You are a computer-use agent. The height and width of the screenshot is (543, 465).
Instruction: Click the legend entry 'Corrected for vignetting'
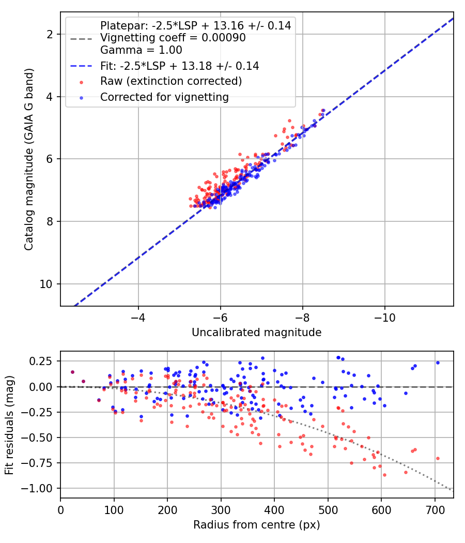pos(164,97)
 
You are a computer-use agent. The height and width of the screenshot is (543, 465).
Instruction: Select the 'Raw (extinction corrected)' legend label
pos(171,81)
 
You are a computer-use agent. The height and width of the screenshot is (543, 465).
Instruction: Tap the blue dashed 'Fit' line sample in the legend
pos(81,66)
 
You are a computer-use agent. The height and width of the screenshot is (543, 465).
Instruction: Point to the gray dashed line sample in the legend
pos(81,38)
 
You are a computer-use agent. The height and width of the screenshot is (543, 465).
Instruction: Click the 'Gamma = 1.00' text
pos(141,50)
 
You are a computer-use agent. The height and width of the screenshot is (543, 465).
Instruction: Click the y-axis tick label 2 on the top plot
pos(51,34)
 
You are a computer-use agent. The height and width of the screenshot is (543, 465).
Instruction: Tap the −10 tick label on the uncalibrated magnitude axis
pos(385,317)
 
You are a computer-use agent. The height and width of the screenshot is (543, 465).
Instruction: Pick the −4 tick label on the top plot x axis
pos(138,317)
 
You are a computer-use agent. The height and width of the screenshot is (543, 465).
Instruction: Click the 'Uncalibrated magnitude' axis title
pos(257,333)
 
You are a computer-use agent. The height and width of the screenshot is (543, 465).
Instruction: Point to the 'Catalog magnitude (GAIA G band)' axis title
pos(29,159)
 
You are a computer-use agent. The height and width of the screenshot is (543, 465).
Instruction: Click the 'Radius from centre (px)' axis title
pos(257,525)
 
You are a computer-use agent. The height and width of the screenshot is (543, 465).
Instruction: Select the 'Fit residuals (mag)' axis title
pos(9,425)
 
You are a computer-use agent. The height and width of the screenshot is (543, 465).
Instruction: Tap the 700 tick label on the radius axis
pos(435,510)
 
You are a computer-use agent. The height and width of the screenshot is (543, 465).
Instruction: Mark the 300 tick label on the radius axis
pos(221,510)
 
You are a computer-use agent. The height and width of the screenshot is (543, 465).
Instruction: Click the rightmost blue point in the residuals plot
pos(438,363)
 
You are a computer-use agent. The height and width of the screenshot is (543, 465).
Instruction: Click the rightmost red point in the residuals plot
pos(438,459)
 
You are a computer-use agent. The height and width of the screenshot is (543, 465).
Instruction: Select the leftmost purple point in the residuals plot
pos(72,372)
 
